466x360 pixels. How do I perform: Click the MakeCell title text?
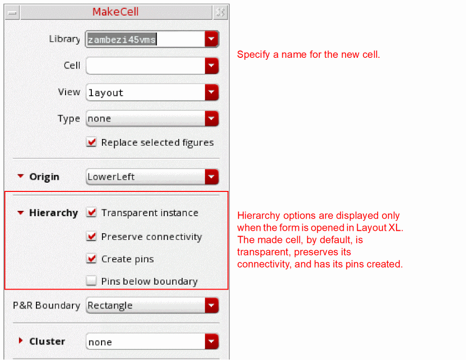[x=115, y=12]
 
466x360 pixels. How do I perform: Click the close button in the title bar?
[x=221, y=12]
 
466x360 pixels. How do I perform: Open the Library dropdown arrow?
[x=211, y=38]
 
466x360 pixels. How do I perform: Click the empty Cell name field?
[x=146, y=66]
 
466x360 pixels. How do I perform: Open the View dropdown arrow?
[x=211, y=92]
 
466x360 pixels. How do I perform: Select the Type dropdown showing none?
[x=152, y=119]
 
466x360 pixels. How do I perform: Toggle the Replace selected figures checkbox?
[x=91, y=142]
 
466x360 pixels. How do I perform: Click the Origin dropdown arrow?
[x=211, y=177]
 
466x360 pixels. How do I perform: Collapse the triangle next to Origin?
[x=20, y=176]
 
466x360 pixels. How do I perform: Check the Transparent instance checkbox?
[x=91, y=213]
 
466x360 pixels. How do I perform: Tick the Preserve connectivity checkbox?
[x=91, y=237]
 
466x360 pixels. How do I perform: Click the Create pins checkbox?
[x=91, y=259]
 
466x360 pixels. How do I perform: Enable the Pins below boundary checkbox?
[x=91, y=281]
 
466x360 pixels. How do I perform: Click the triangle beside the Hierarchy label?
[x=20, y=213]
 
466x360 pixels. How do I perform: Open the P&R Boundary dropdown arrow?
[x=211, y=306]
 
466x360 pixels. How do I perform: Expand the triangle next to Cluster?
[x=20, y=341]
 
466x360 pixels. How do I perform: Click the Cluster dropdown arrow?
[x=211, y=342]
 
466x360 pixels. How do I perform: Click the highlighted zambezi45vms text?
[x=122, y=39]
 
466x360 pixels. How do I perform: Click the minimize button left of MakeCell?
[x=12, y=13]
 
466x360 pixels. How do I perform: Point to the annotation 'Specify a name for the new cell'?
[x=309, y=54]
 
